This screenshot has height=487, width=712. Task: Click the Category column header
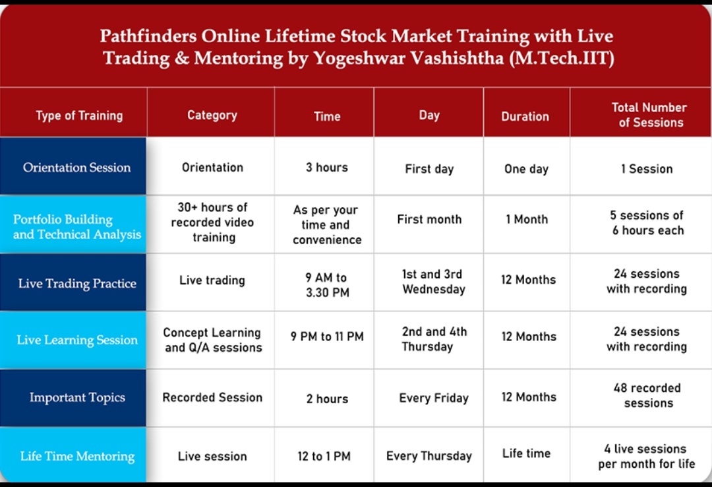click(212, 115)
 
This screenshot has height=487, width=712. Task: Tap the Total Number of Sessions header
click(649, 115)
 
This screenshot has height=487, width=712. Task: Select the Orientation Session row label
click(76, 168)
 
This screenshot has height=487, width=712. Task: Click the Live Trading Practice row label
click(77, 283)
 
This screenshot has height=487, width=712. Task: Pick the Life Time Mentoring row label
click(77, 456)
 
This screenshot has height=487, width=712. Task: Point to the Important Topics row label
click(77, 397)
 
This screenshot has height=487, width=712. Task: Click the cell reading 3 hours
click(327, 168)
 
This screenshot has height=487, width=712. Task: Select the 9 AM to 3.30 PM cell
click(327, 284)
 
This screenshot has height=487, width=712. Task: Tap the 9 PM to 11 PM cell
click(327, 337)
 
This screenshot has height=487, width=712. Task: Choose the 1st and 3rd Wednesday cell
click(433, 282)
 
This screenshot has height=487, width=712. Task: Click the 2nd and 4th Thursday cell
click(434, 339)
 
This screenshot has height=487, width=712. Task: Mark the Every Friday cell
click(434, 398)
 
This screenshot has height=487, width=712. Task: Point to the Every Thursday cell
click(429, 456)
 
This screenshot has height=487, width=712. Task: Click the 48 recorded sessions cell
click(647, 395)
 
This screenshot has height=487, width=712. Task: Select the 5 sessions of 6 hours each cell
click(647, 223)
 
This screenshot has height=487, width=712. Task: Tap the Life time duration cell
click(526, 453)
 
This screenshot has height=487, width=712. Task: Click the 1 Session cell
click(647, 169)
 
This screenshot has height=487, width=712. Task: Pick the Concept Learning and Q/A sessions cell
click(212, 340)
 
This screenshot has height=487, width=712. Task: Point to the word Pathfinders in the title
click(148, 36)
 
